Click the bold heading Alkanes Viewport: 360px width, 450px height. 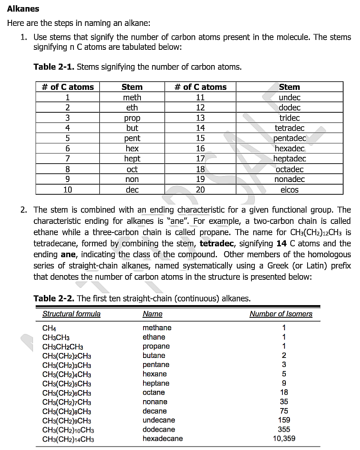point(23,9)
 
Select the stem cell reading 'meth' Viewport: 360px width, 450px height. point(132,97)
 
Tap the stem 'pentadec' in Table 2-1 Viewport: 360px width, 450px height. point(289,138)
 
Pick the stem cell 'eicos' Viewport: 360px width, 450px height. point(289,189)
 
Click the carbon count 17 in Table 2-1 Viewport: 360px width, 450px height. point(200,159)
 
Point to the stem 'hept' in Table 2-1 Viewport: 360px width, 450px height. point(132,159)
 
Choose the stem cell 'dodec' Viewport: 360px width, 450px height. point(289,107)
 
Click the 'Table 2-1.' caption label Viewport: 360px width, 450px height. point(54,67)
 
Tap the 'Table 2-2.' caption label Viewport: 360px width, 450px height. point(54,298)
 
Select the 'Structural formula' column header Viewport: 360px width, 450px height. point(71,314)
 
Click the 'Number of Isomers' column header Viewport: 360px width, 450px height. point(281,314)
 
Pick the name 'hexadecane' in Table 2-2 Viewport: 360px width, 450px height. point(163,438)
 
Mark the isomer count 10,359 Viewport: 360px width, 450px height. point(284,438)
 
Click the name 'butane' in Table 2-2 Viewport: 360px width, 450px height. point(154,355)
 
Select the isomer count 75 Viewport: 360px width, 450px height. point(284,411)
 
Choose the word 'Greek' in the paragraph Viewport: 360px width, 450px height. point(278,266)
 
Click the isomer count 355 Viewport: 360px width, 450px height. point(284,429)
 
